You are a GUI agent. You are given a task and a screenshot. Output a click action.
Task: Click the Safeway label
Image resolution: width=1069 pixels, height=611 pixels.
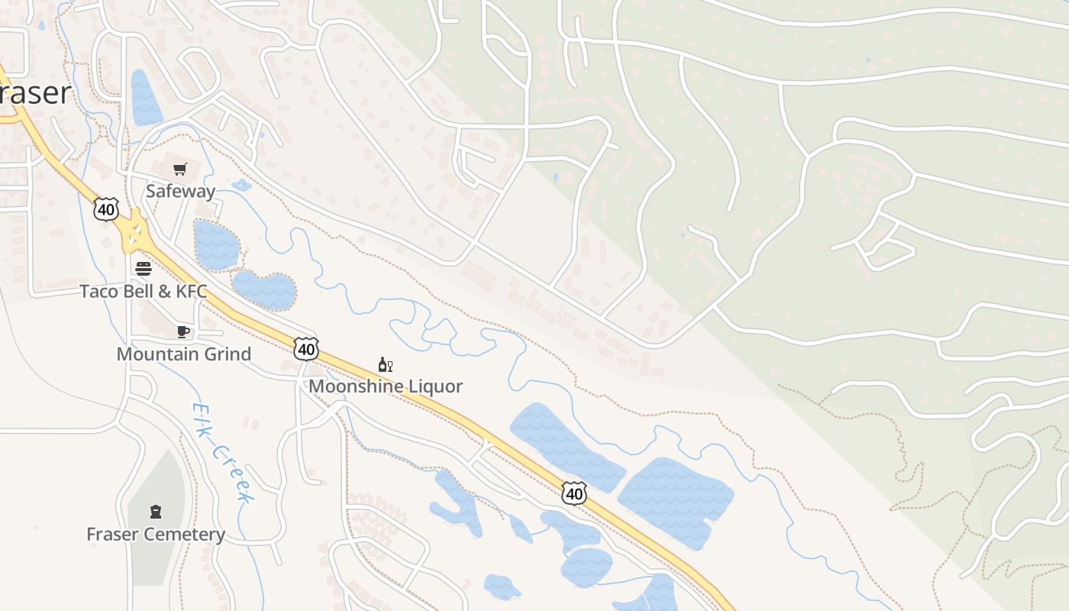(x=180, y=191)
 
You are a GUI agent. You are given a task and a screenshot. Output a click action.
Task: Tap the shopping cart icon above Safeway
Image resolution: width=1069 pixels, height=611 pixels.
(x=180, y=170)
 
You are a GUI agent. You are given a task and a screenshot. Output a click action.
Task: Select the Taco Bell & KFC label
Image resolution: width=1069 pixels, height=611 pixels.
(x=144, y=291)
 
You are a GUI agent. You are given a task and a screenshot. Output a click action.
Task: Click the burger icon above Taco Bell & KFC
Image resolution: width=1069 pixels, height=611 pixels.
(x=144, y=268)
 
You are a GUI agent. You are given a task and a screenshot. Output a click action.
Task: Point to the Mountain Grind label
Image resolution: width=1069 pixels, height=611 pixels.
(x=183, y=354)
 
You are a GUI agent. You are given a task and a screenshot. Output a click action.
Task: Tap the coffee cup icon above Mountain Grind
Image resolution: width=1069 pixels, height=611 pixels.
(x=183, y=331)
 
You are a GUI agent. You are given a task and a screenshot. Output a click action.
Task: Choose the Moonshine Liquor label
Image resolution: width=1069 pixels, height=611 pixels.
(x=386, y=386)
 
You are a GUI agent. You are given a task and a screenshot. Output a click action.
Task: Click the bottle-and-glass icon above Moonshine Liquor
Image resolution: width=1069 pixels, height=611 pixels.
(x=386, y=365)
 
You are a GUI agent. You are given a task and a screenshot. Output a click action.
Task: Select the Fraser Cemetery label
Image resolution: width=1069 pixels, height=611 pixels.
(x=156, y=534)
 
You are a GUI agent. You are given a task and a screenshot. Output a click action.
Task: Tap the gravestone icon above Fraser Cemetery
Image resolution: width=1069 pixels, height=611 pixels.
(x=156, y=512)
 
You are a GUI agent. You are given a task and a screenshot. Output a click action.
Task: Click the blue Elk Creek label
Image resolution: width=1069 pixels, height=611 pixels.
(x=222, y=453)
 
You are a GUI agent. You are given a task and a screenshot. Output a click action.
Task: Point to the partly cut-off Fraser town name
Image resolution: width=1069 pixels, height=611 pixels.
(x=35, y=93)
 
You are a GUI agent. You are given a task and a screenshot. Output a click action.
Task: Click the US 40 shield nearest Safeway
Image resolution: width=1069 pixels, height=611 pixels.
(x=107, y=209)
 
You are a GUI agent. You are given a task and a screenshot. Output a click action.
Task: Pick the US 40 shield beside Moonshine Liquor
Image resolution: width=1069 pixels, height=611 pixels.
(x=306, y=349)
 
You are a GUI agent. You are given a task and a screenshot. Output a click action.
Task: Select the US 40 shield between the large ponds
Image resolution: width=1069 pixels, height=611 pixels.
(x=574, y=493)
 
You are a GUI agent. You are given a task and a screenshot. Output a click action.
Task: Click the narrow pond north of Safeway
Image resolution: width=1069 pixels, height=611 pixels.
(x=146, y=99)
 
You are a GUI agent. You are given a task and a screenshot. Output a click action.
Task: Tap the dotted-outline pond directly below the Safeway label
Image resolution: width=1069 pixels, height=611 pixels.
(x=216, y=245)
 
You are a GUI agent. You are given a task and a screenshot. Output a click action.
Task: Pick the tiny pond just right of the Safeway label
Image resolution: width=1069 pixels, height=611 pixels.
(x=241, y=185)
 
